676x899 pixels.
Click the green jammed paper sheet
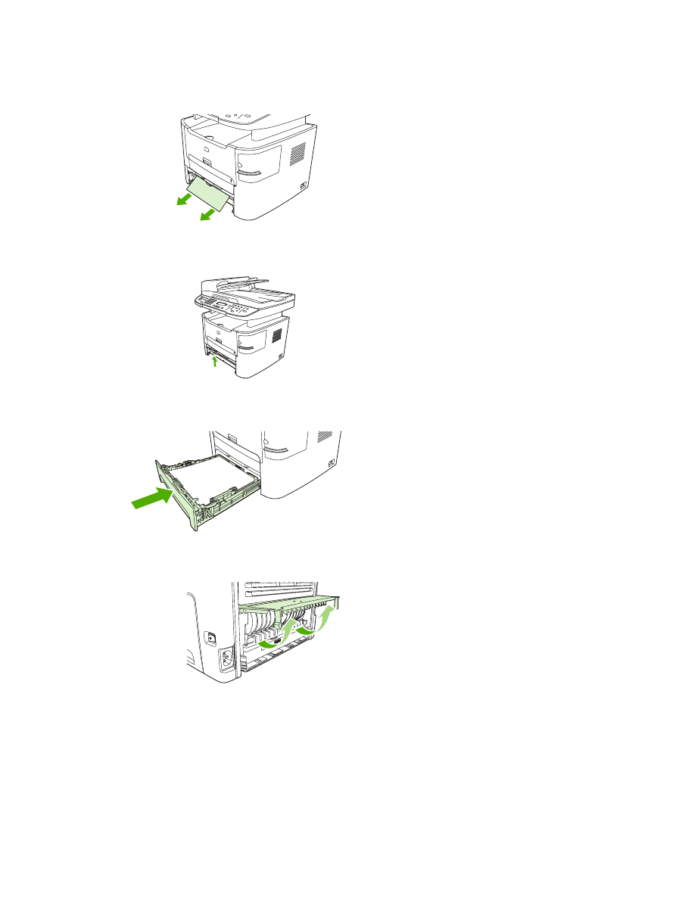pos(207,193)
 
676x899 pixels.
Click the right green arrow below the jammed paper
pos(205,216)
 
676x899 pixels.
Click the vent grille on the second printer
pos(276,334)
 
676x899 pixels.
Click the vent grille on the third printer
pos(325,437)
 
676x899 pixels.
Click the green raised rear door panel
pos(291,603)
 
